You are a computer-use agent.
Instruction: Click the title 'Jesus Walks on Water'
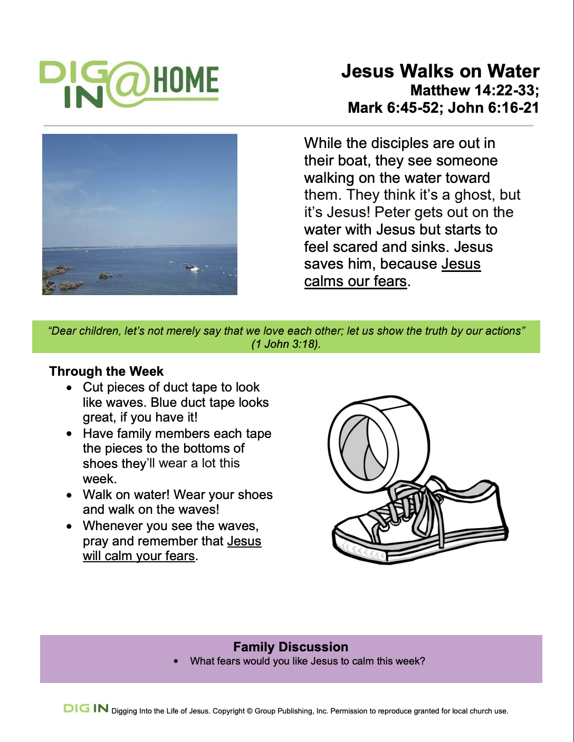[440, 71]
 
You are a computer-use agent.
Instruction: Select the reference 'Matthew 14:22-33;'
[474, 90]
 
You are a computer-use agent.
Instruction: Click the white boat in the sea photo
[194, 268]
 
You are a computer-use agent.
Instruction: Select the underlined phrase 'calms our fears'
[355, 281]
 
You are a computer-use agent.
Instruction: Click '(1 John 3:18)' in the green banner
[286, 344]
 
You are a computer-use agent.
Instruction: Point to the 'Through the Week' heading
[106, 372]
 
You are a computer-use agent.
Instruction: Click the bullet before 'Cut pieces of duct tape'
[69, 388]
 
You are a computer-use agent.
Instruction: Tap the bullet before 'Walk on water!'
[69, 495]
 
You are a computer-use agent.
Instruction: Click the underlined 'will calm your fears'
[139, 556]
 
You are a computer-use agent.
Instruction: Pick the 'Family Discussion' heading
[291, 647]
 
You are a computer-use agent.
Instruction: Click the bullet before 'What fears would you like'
[176, 661]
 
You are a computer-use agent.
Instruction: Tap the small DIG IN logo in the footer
[86, 709]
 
